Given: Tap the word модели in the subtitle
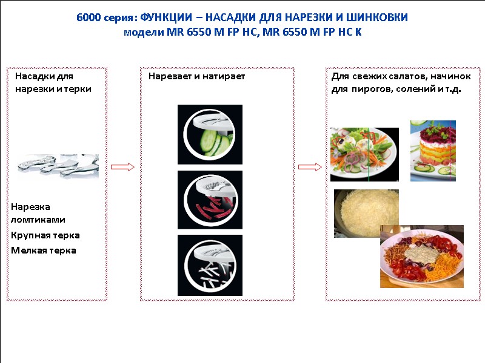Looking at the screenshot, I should [140, 31].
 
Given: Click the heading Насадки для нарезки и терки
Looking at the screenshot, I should [53, 83].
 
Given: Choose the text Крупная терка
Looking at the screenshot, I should [45, 235].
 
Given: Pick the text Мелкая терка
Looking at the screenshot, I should [44, 250].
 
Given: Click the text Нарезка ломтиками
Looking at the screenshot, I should [38, 213].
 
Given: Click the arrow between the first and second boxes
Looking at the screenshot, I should [123, 167].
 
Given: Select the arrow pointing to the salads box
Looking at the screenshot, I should [310, 167].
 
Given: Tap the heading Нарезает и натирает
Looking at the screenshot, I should [196, 77].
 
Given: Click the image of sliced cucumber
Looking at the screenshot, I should [210, 134].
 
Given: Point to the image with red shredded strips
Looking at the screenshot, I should [210, 200].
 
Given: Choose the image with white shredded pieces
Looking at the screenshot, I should [210, 265].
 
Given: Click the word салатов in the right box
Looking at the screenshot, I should [390, 77].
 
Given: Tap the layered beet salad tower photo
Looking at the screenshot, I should [433, 151].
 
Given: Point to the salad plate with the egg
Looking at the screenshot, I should [364, 154].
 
